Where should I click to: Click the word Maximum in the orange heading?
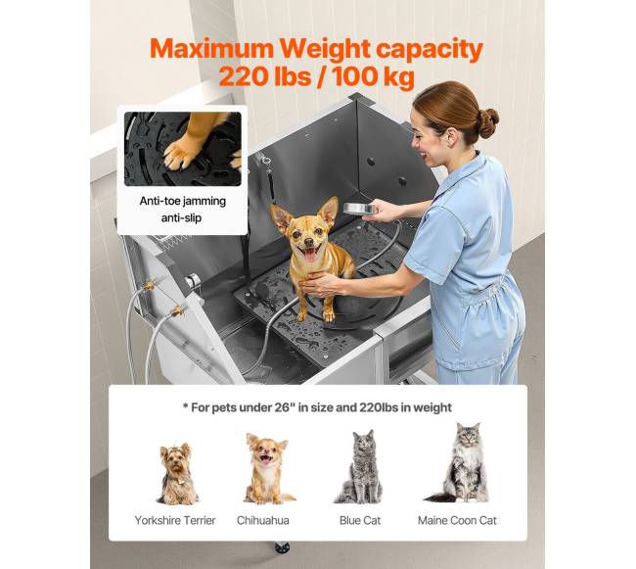(x=212, y=49)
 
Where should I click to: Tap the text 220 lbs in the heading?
(x=264, y=76)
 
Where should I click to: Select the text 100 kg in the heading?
(x=373, y=76)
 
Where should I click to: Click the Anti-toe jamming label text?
(x=183, y=201)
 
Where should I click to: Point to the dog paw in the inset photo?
(x=179, y=152)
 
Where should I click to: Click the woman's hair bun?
(x=488, y=122)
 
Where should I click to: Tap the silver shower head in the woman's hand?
(x=360, y=209)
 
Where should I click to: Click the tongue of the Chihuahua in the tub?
(x=310, y=256)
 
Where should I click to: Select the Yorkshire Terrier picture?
(x=177, y=474)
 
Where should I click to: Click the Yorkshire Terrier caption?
(x=175, y=520)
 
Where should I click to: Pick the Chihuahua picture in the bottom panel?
(x=268, y=469)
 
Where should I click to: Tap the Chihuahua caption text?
(x=263, y=520)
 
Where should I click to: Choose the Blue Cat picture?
(x=360, y=467)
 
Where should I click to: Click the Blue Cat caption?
(x=360, y=520)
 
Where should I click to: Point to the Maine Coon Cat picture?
(x=461, y=462)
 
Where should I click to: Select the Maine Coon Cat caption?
(x=457, y=520)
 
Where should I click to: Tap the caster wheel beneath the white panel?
(x=282, y=547)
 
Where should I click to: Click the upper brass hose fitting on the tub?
(x=149, y=286)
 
